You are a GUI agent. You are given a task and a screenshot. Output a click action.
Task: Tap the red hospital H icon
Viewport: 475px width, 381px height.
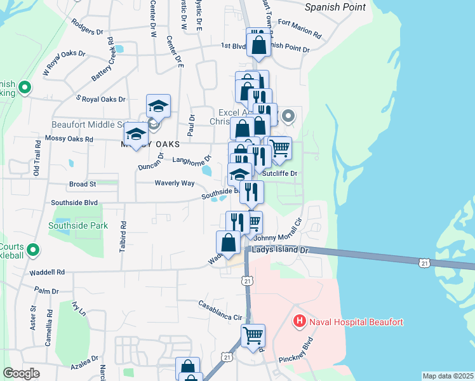pyautogui.click(x=300, y=322)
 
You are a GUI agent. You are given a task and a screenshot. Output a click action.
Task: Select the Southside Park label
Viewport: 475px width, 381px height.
pyautogui.click(x=79, y=225)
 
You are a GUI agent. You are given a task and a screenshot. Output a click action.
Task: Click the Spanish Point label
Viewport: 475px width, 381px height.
pyautogui.click(x=335, y=8)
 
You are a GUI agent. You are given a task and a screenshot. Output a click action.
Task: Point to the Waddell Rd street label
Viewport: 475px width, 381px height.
pyautogui.click(x=47, y=272)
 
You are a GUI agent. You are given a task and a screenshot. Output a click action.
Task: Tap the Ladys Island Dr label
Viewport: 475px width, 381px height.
pyautogui.click(x=279, y=251)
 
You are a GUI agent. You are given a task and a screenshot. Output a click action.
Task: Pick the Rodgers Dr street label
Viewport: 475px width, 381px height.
pyautogui.click(x=88, y=30)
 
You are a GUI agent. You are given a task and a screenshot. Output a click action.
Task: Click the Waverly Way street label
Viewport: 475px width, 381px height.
pyautogui.click(x=175, y=183)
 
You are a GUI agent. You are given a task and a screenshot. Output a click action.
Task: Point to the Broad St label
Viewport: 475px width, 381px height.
pyautogui.click(x=83, y=184)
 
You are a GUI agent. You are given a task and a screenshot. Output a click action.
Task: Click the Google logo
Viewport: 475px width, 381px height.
pyautogui.click(x=22, y=373)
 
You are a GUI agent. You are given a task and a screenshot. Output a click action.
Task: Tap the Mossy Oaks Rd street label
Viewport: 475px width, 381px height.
pyautogui.click(x=69, y=138)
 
